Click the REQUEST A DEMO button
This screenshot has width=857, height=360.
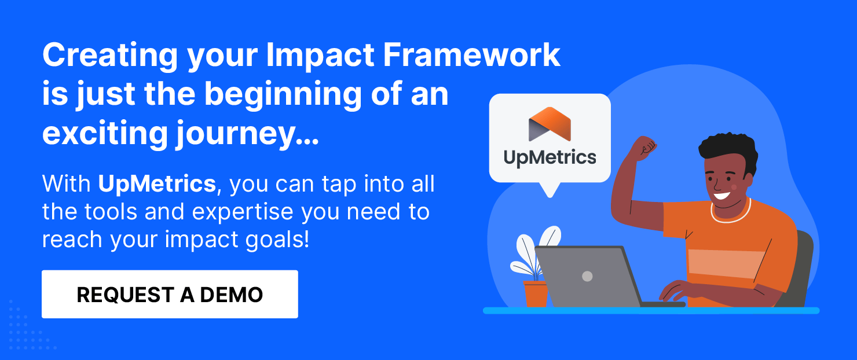(170, 294)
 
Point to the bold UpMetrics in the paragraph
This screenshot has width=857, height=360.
(157, 184)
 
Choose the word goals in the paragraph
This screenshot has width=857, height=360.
(272, 239)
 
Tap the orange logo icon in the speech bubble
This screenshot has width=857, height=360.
(550, 123)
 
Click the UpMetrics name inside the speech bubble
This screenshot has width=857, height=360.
(550, 157)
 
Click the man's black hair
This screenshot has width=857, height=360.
(728, 147)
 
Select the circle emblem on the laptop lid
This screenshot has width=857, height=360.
(587, 276)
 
